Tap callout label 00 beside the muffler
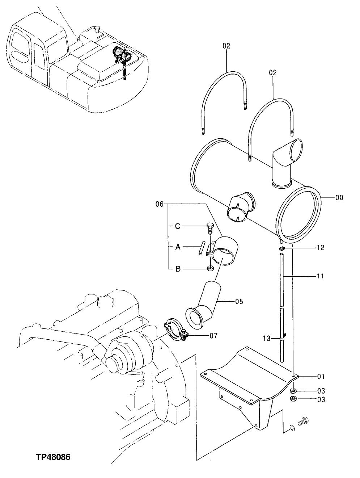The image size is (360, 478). [x=339, y=198]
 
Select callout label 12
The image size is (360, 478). [x=320, y=248]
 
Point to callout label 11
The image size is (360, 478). [x=320, y=276]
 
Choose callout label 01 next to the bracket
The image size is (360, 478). [x=321, y=377]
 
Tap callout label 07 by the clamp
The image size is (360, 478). [x=213, y=336]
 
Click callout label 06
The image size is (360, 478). [x=160, y=205]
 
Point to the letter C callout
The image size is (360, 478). [x=177, y=226]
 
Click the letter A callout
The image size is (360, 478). [x=177, y=247]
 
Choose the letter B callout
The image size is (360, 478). [x=177, y=269]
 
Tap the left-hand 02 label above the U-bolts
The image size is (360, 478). [x=226, y=46]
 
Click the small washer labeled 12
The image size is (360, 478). [x=282, y=248]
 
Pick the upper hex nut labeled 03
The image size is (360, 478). [x=293, y=391]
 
